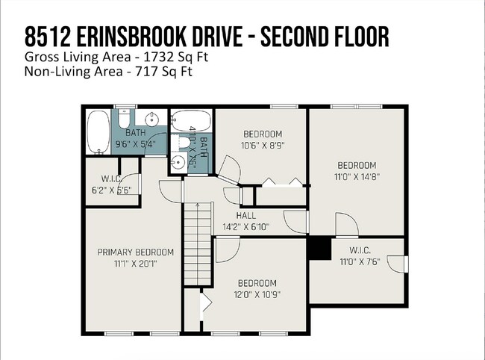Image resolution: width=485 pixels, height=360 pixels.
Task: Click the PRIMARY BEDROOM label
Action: point(136,252)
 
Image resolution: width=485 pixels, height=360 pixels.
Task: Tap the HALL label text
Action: point(246,215)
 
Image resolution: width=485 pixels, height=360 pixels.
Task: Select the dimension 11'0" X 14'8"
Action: point(357,177)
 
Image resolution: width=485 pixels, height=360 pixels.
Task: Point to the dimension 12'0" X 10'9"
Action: point(257,294)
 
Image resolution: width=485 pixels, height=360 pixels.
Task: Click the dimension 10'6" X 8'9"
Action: point(263,145)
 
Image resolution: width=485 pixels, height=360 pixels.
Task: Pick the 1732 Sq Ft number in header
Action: point(175,57)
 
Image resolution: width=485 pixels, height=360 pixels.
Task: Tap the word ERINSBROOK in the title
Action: point(131,37)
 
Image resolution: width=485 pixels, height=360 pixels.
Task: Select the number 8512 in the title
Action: point(47,37)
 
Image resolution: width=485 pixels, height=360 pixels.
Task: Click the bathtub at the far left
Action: point(98,132)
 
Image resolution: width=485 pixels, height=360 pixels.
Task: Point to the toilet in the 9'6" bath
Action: point(125,119)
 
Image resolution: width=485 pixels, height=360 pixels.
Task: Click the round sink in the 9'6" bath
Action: point(152,118)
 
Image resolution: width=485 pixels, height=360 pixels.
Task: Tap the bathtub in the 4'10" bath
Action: point(191,121)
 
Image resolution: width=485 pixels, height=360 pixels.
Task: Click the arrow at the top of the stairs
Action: point(198,205)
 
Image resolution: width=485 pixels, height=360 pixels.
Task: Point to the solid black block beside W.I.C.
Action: point(319,248)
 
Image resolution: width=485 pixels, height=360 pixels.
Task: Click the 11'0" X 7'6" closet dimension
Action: point(360,262)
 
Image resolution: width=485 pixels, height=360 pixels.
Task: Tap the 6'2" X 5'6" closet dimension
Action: point(112,190)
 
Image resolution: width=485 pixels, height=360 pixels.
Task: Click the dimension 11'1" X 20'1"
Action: point(136,264)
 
